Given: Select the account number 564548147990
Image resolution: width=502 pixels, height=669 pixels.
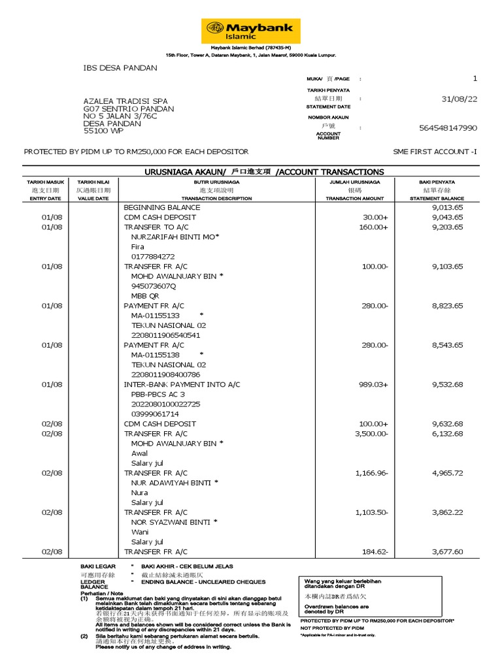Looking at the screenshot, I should point(448,128).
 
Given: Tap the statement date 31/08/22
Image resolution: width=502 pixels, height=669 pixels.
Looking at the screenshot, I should point(460,99).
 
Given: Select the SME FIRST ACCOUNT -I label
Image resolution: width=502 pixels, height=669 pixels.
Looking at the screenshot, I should point(435,152).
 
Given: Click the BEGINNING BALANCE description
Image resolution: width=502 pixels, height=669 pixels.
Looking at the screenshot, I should point(162,207).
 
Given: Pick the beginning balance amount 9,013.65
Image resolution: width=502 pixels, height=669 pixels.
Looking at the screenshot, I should point(447,207).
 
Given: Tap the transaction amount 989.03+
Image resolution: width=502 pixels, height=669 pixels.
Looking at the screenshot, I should point(372,385).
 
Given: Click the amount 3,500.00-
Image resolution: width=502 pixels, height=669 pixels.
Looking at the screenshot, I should point(371,434).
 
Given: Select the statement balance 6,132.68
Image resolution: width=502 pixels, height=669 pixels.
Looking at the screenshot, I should point(447,434).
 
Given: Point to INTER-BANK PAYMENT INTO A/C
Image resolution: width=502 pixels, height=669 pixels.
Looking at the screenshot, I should point(182,385).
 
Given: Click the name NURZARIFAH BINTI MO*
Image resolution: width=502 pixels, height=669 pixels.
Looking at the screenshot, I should point(175,237).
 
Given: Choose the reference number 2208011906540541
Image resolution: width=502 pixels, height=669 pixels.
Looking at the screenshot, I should point(166,335).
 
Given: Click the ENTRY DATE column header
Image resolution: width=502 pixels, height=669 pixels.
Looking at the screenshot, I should point(45,198).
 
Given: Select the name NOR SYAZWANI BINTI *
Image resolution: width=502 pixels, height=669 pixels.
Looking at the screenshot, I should point(175,522).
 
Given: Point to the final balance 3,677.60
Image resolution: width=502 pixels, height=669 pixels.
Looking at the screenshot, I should point(447,551).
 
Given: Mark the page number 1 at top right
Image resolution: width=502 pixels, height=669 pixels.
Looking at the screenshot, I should point(475,78).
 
